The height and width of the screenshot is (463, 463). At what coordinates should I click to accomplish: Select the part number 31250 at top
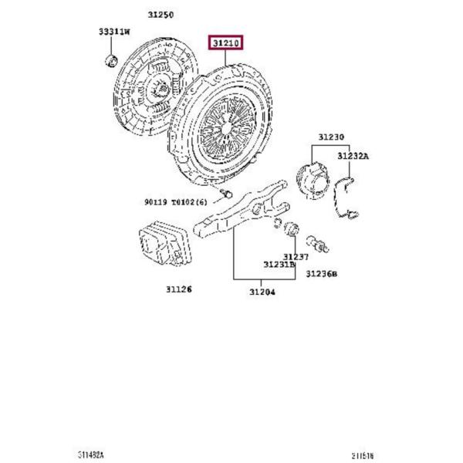[161, 15]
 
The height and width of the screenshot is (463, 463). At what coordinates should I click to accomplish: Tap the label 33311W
[114, 32]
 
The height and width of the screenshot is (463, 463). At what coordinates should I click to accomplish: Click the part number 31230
[330, 137]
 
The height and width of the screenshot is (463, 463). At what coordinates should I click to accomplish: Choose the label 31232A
[353, 157]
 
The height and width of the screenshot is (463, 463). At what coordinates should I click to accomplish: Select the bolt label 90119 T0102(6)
[175, 202]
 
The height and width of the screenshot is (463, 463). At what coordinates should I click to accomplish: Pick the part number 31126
[177, 289]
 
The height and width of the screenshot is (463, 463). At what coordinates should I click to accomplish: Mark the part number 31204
[262, 292]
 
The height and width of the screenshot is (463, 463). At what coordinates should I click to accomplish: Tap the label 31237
[295, 257]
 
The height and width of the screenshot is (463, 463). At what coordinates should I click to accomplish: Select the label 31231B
[279, 265]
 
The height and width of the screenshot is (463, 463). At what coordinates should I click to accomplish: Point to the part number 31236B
[322, 273]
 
